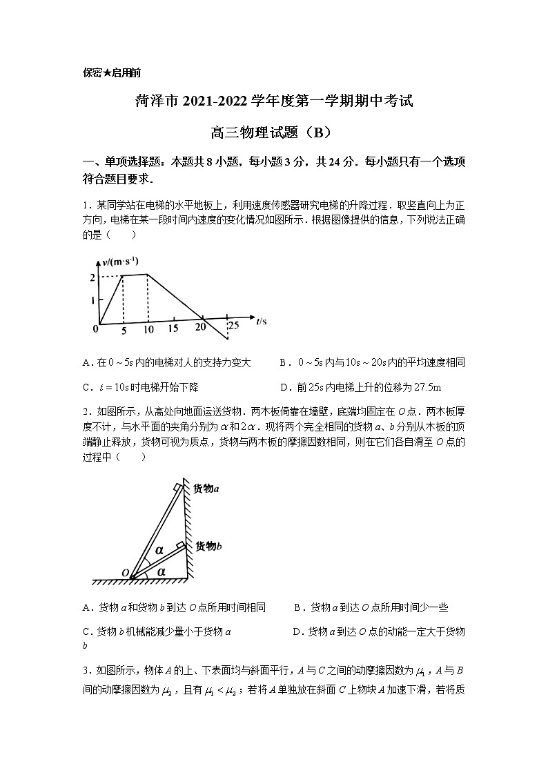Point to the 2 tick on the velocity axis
[x=92, y=277]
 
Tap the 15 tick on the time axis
[x=173, y=329]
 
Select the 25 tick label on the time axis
[x=233, y=325]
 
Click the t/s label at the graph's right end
[x=261, y=321]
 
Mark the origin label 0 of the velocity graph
[x=95, y=329]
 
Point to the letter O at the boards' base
[x=125, y=573]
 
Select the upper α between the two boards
[x=159, y=550]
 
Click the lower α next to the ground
[x=162, y=571]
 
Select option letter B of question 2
[x=297, y=608]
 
